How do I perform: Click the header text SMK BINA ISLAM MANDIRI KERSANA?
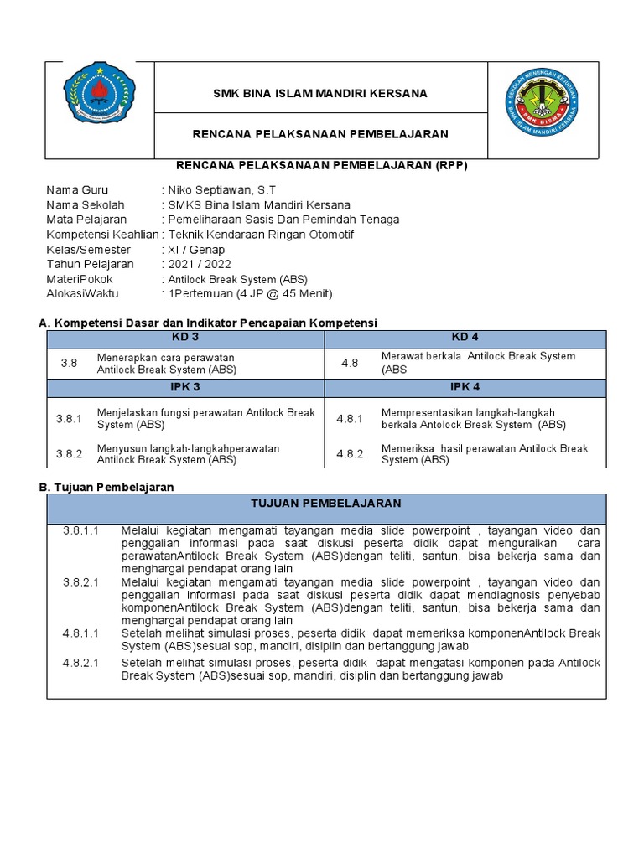pos(320,93)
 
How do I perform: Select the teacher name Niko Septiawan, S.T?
pos(221,190)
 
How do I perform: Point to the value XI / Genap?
pos(196,250)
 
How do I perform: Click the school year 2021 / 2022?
pos(200,264)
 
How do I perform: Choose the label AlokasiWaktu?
pos(82,294)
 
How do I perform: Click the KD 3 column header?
pos(185,337)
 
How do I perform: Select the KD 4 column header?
pos(465,337)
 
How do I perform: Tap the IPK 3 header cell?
pos(185,388)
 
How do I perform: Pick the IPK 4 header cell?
pos(465,388)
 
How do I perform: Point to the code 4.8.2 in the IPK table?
pos(350,454)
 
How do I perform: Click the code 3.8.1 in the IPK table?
pos(69,419)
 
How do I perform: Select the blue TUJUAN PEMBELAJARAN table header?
pos(326,504)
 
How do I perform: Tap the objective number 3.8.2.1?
pos(80,582)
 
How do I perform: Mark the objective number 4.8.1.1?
pos(80,633)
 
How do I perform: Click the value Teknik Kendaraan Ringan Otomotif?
pos(261,235)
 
